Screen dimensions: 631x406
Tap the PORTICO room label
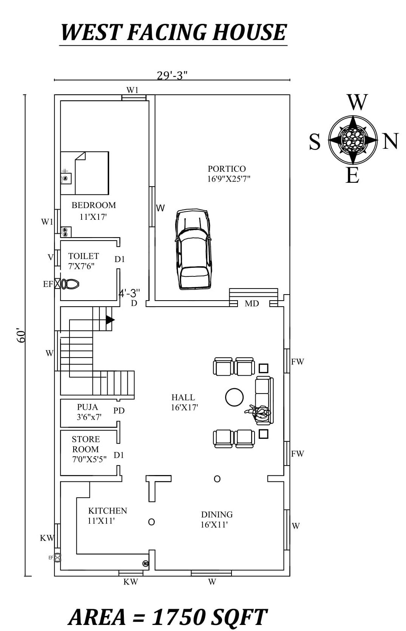pos(227,169)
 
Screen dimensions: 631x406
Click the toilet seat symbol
pos(71,284)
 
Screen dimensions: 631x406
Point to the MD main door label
pos(252,304)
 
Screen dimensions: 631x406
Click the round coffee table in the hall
pos(234,397)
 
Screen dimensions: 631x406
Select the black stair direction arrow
pos(110,320)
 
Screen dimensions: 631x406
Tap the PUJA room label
pos(87,407)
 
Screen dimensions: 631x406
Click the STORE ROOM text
pos(86,444)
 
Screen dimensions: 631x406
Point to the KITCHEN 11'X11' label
pos(107,515)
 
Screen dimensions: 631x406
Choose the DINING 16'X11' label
pos(216,519)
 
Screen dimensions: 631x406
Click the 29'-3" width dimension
pos(172,76)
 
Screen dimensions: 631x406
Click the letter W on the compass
pos(357,102)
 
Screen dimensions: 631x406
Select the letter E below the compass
pos(352,176)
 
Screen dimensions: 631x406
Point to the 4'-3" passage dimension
pos(129,293)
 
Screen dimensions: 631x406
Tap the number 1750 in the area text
pos(179,617)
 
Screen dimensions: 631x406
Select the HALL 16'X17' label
pos(184,402)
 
